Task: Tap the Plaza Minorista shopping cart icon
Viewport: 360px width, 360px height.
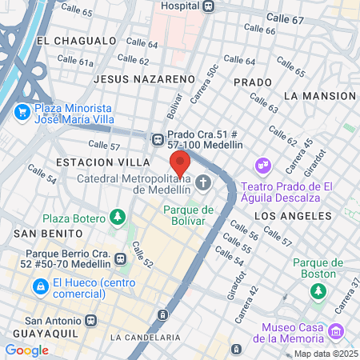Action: (x=22, y=110)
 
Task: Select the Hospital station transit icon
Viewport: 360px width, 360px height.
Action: (x=209, y=6)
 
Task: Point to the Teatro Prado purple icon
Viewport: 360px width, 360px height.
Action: (x=262, y=166)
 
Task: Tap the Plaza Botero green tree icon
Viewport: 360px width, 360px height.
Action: (x=118, y=218)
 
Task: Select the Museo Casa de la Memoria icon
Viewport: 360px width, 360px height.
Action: (x=337, y=330)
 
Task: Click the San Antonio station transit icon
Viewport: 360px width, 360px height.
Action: (x=90, y=320)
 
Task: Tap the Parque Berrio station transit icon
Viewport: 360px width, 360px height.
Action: (x=121, y=258)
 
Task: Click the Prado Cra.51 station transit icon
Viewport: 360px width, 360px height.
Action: (x=156, y=138)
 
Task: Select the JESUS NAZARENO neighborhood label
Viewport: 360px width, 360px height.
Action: (x=144, y=79)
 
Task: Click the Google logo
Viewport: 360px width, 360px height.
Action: (x=26, y=350)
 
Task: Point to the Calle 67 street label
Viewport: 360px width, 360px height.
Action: (x=285, y=18)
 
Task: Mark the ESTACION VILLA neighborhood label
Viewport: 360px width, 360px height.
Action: (x=93, y=162)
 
